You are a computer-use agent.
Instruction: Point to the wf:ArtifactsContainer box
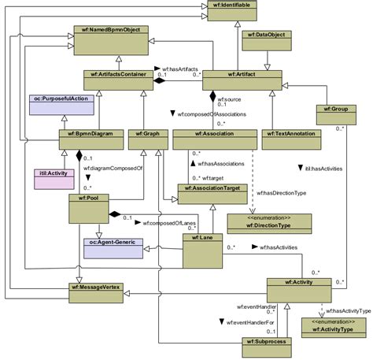coord(116,80)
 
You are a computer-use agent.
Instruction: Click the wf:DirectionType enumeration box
coord(258,222)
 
